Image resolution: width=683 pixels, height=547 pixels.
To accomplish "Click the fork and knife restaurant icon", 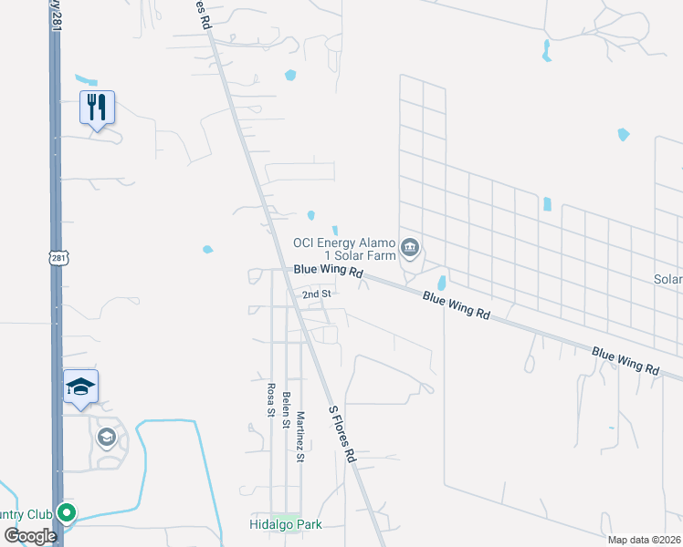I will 97,108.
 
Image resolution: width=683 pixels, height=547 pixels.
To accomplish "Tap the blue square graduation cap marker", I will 80,387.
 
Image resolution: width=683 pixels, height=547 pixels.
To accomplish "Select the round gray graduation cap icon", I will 107,438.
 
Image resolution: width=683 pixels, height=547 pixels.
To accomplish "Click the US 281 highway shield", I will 58,260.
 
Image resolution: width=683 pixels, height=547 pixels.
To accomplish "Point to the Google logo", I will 30,535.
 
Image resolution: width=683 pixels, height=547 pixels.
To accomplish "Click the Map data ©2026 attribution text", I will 645,540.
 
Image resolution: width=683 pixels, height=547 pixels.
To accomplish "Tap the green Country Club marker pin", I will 65,512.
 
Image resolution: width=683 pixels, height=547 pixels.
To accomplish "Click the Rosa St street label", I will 271,399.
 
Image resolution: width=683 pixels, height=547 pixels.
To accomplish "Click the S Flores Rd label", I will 341,432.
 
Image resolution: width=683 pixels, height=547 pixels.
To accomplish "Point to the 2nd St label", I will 316,294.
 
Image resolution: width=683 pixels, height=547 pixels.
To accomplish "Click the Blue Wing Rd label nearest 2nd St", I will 329,272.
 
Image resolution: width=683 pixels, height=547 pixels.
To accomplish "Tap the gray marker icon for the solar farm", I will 410,246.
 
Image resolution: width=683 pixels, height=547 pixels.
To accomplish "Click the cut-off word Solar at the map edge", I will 668,279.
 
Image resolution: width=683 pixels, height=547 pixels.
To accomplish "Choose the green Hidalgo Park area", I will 285,516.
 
